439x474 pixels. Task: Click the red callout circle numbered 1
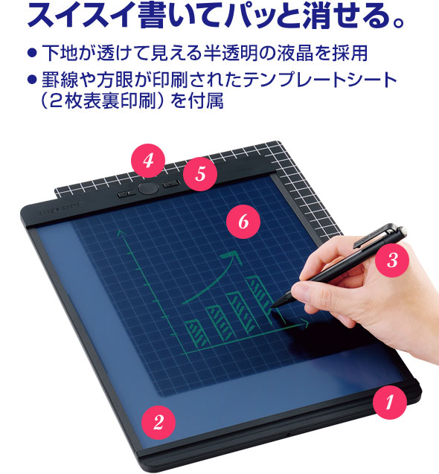[x=389, y=402]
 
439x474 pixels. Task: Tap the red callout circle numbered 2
[x=158, y=423]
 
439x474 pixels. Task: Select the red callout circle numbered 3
[x=392, y=260]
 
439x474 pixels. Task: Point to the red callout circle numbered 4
[x=148, y=161]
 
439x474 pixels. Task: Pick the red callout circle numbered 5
[x=200, y=174]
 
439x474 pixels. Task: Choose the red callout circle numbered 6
[x=243, y=222]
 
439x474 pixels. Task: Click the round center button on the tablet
[x=148, y=189]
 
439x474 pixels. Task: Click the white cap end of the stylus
[x=403, y=231]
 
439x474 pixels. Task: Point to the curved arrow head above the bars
[x=231, y=257]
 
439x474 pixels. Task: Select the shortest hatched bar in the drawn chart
[x=196, y=334]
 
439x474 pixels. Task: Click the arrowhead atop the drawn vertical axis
[x=121, y=233]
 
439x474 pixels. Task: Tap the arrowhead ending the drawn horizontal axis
[x=304, y=324]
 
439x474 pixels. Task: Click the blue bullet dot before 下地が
[x=32, y=54]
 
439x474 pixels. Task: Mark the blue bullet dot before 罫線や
[x=32, y=79]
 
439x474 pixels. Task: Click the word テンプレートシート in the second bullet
[x=320, y=80]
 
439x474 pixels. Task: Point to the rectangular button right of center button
[x=171, y=184]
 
